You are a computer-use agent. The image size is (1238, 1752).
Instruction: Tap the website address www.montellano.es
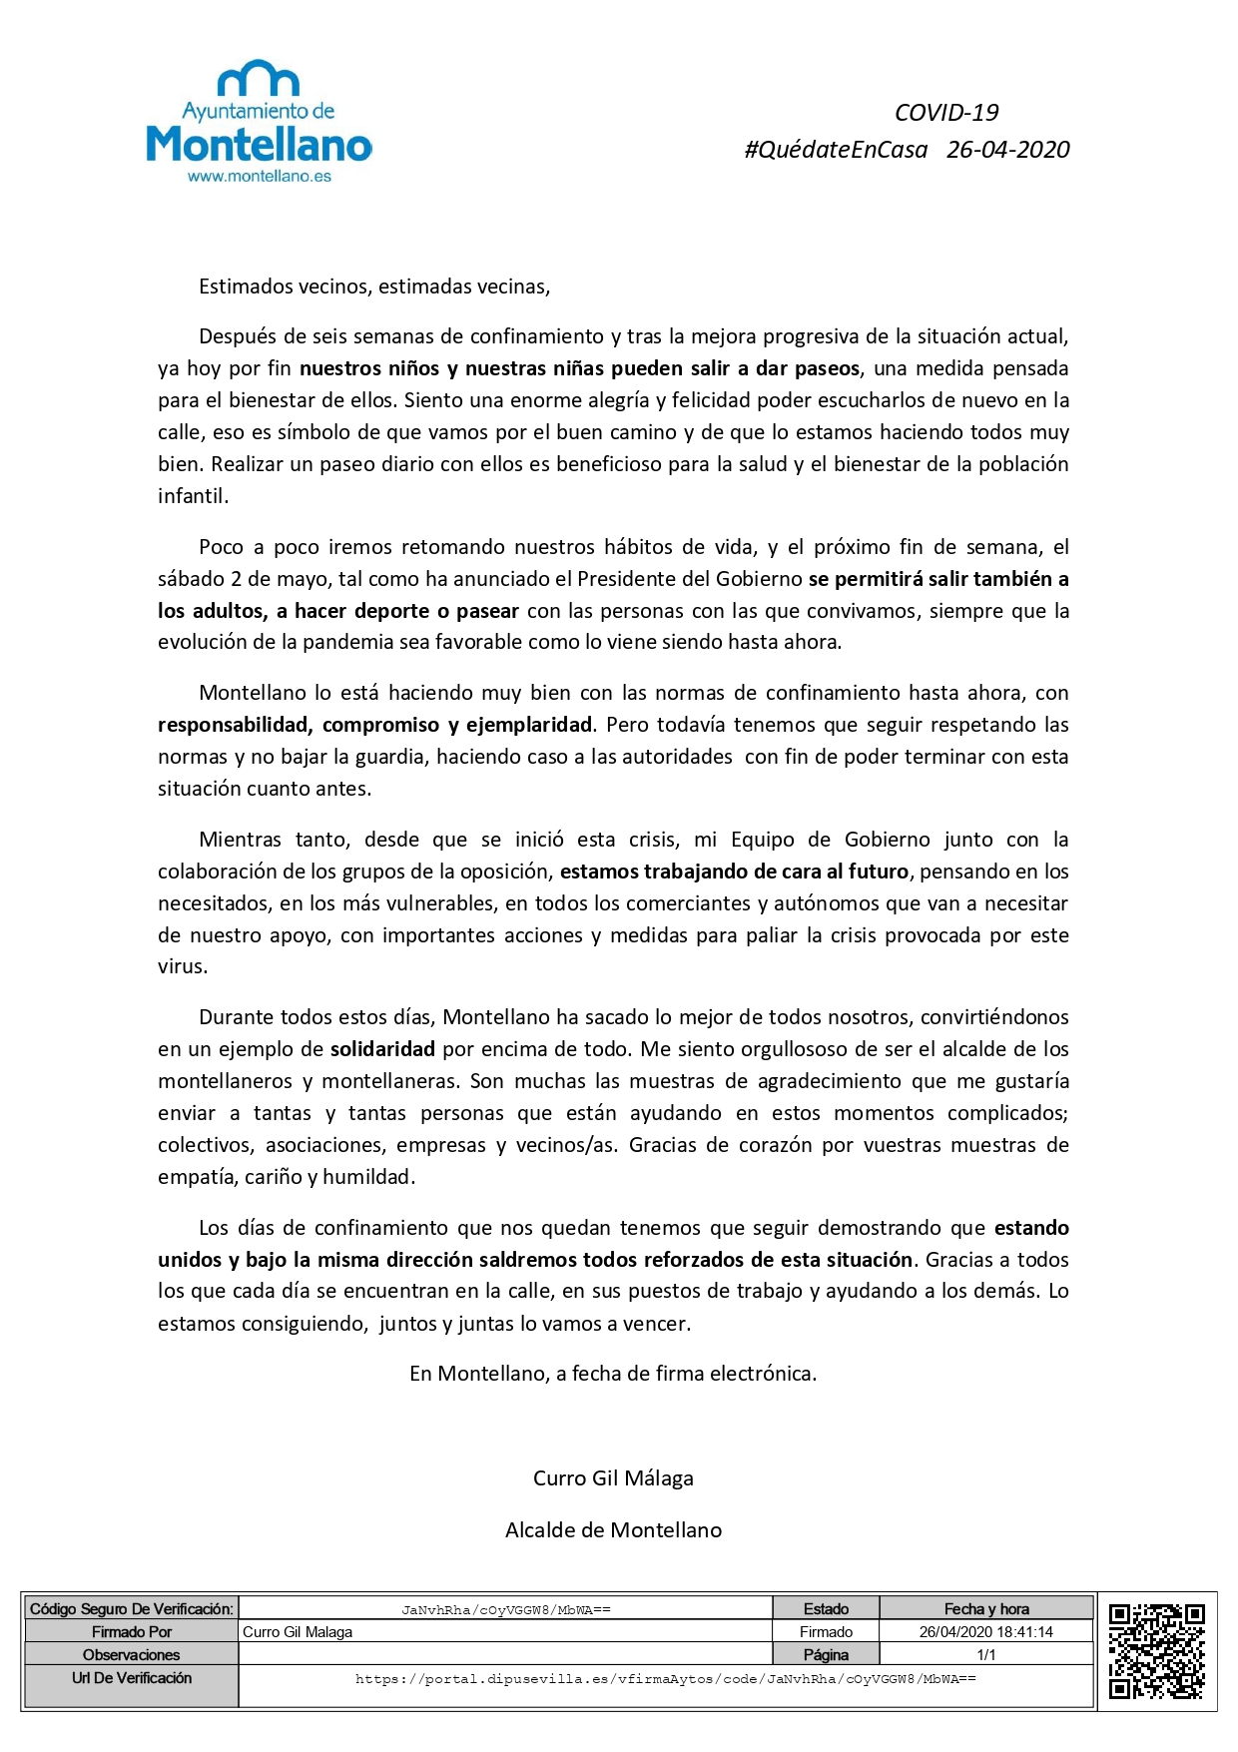tap(259, 177)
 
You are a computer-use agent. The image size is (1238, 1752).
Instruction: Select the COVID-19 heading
tap(945, 113)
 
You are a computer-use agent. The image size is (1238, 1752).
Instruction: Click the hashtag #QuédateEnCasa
tap(836, 150)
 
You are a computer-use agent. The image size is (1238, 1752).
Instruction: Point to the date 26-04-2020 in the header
tap(1007, 150)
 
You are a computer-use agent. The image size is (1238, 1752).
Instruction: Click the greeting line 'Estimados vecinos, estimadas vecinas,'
tap(374, 288)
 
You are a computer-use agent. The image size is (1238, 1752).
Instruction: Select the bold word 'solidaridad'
tap(382, 1049)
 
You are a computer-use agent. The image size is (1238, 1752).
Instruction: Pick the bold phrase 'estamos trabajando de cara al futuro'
tap(734, 872)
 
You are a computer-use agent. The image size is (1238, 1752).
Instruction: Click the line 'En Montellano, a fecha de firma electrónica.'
tap(613, 1374)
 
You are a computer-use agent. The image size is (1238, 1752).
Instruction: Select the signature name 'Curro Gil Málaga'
tap(613, 1478)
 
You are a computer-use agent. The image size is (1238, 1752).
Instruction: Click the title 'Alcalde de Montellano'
tap(613, 1530)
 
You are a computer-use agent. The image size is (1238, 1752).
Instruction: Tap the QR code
tap(1157, 1651)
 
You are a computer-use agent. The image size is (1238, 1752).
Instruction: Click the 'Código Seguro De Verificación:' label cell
tap(131, 1609)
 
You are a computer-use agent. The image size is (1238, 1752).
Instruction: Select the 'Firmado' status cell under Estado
tap(826, 1632)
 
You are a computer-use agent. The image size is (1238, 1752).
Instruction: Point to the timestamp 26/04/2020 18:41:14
tap(986, 1632)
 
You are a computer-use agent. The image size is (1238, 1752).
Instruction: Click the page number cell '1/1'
tap(986, 1655)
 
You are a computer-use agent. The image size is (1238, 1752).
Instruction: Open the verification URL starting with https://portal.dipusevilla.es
tap(665, 1679)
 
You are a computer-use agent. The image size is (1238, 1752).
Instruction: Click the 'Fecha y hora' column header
tap(986, 1609)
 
